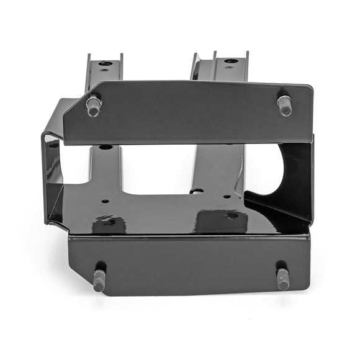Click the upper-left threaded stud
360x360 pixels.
tap(93, 106)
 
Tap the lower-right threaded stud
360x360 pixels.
tap(282, 279)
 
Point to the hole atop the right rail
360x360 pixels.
tap(230, 61)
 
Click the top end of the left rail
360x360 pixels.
tap(104, 57)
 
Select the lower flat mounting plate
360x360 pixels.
tap(186, 264)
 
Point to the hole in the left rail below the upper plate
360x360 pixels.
tap(106, 148)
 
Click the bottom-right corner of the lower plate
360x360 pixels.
tap(308, 289)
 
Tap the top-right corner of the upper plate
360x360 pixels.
tap(312, 86)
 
